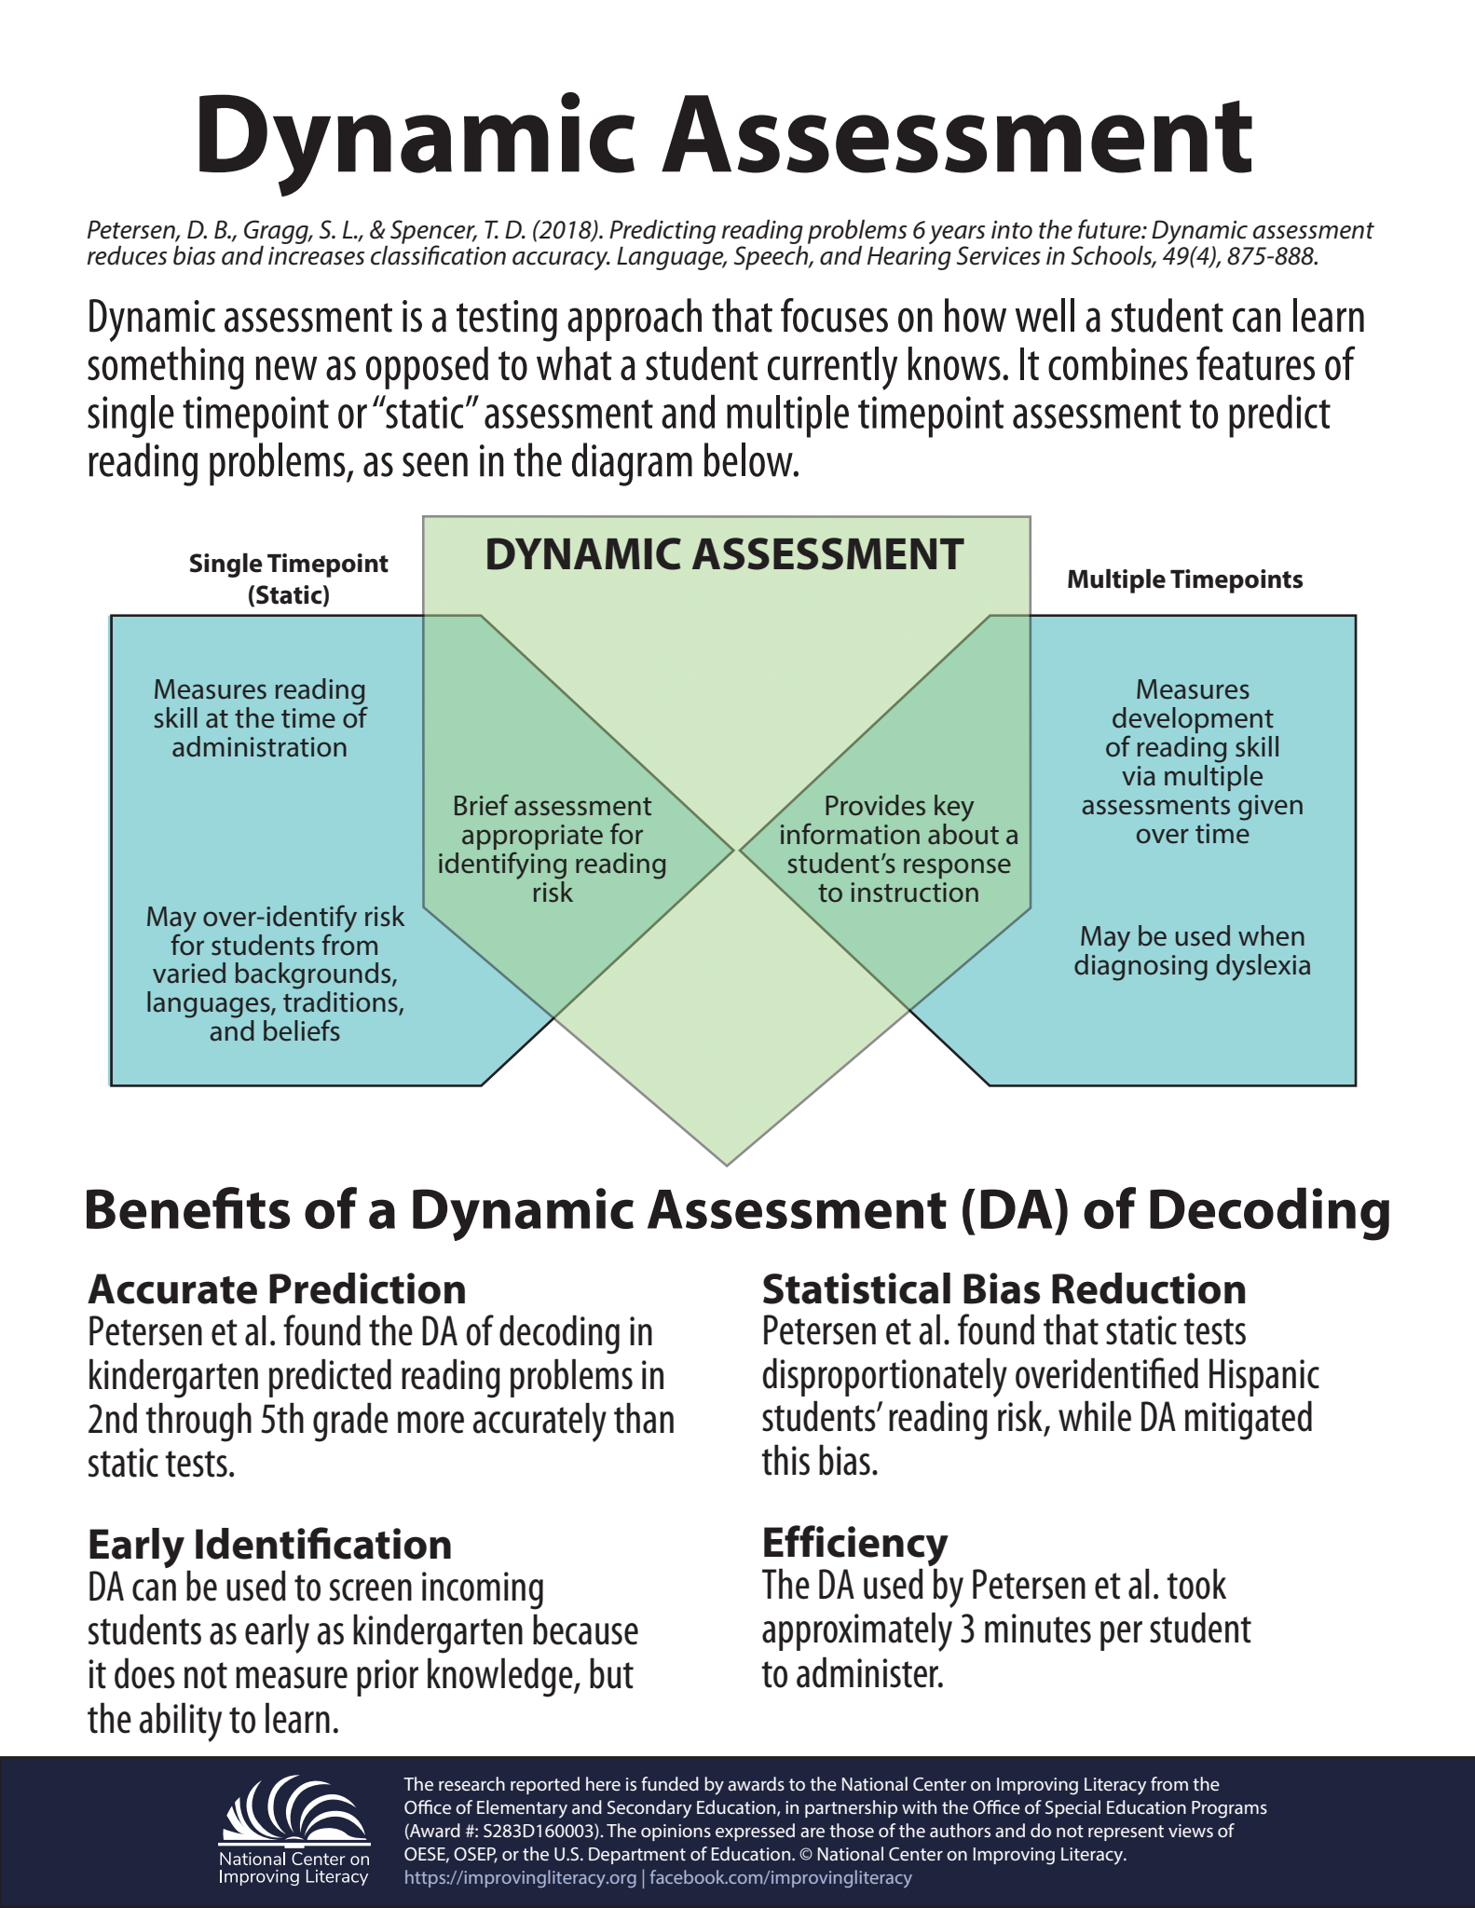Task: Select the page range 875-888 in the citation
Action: click(x=1271, y=256)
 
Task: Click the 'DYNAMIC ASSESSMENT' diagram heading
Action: click(x=724, y=554)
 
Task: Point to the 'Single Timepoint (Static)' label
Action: click(x=289, y=579)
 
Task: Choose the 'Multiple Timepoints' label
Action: click(x=1184, y=579)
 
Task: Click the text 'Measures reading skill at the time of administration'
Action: click(x=259, y=718)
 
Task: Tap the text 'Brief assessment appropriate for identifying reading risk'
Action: click(x=552, y=849)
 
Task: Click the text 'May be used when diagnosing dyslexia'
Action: click(x=1192, y=950)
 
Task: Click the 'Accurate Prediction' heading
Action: click(x=277, y=1289)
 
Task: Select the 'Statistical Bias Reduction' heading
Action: click(x=1004, y=1289)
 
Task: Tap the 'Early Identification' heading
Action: click(x=269, y=1545)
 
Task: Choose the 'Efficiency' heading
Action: click(x=854, y=1543)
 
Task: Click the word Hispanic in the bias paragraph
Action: click(x=1263, y=1375)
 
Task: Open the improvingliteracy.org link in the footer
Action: click(x=520, y=1877)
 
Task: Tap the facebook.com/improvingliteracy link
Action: click(x=780, y=1877)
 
